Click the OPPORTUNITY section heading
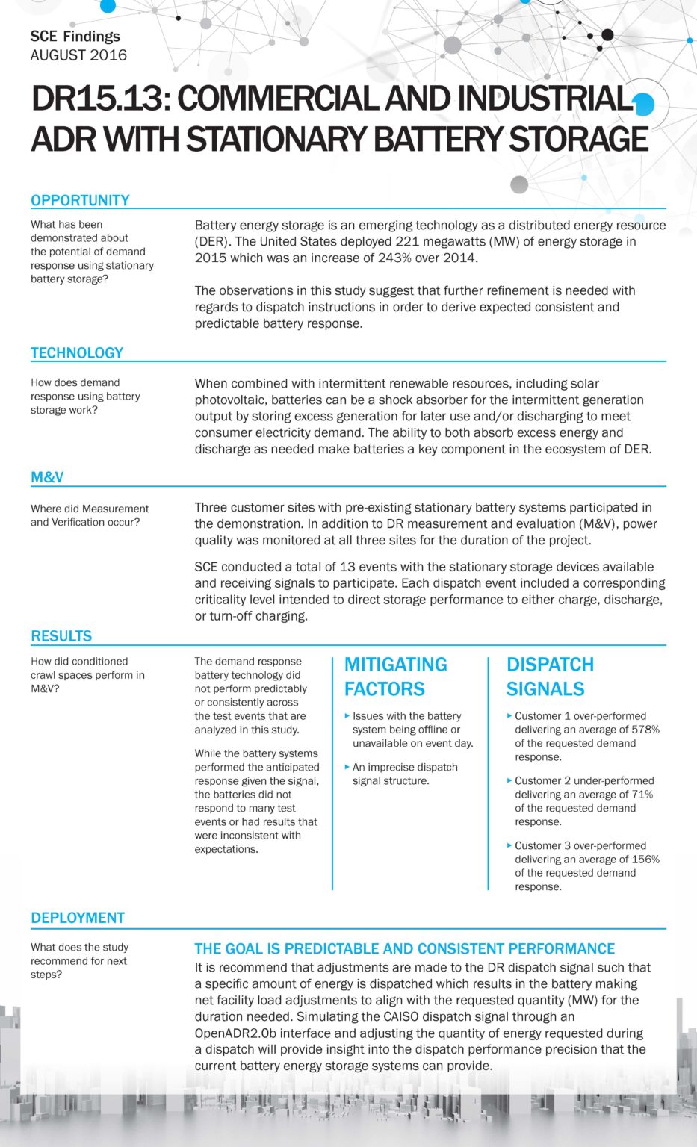pos(80,200)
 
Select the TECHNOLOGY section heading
pos(77,352)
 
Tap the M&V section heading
pos(47,477)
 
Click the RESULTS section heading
pos(61,636)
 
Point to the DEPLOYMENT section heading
pos(78,918)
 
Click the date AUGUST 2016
pos(78,55)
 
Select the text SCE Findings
pos(75,36)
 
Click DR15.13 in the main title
pos(99,99)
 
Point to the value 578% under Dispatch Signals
pos(645,730)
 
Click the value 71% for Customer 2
pos(642,795)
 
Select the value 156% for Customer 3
pos(645,860)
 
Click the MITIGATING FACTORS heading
pos(395,677)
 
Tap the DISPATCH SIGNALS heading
pos(550,677)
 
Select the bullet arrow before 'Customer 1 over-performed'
pos(509,715)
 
